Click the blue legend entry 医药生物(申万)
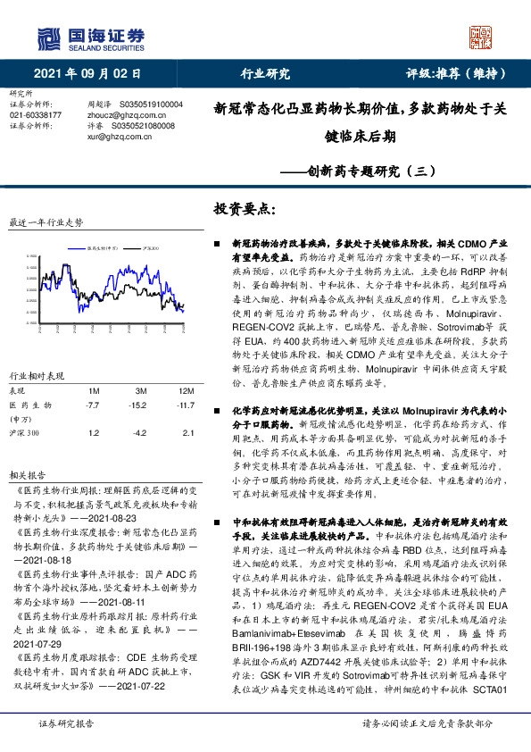pos(103,247)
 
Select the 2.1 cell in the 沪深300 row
pos(187,432)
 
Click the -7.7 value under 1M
pos(90,405)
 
